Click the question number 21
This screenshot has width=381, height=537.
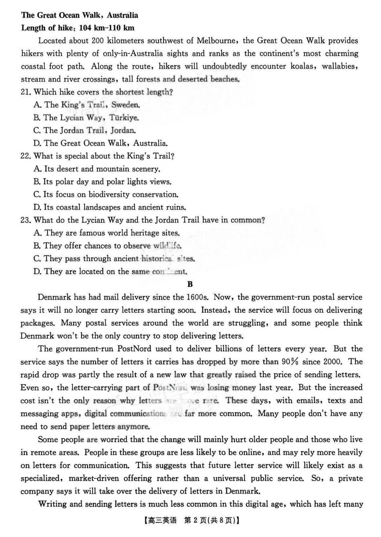25,92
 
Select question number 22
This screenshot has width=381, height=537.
25,156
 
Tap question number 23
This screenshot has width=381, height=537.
25,220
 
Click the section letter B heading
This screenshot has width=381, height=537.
190,284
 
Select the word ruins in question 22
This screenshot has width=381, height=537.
175,207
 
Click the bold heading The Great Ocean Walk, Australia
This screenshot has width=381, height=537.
80,15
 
